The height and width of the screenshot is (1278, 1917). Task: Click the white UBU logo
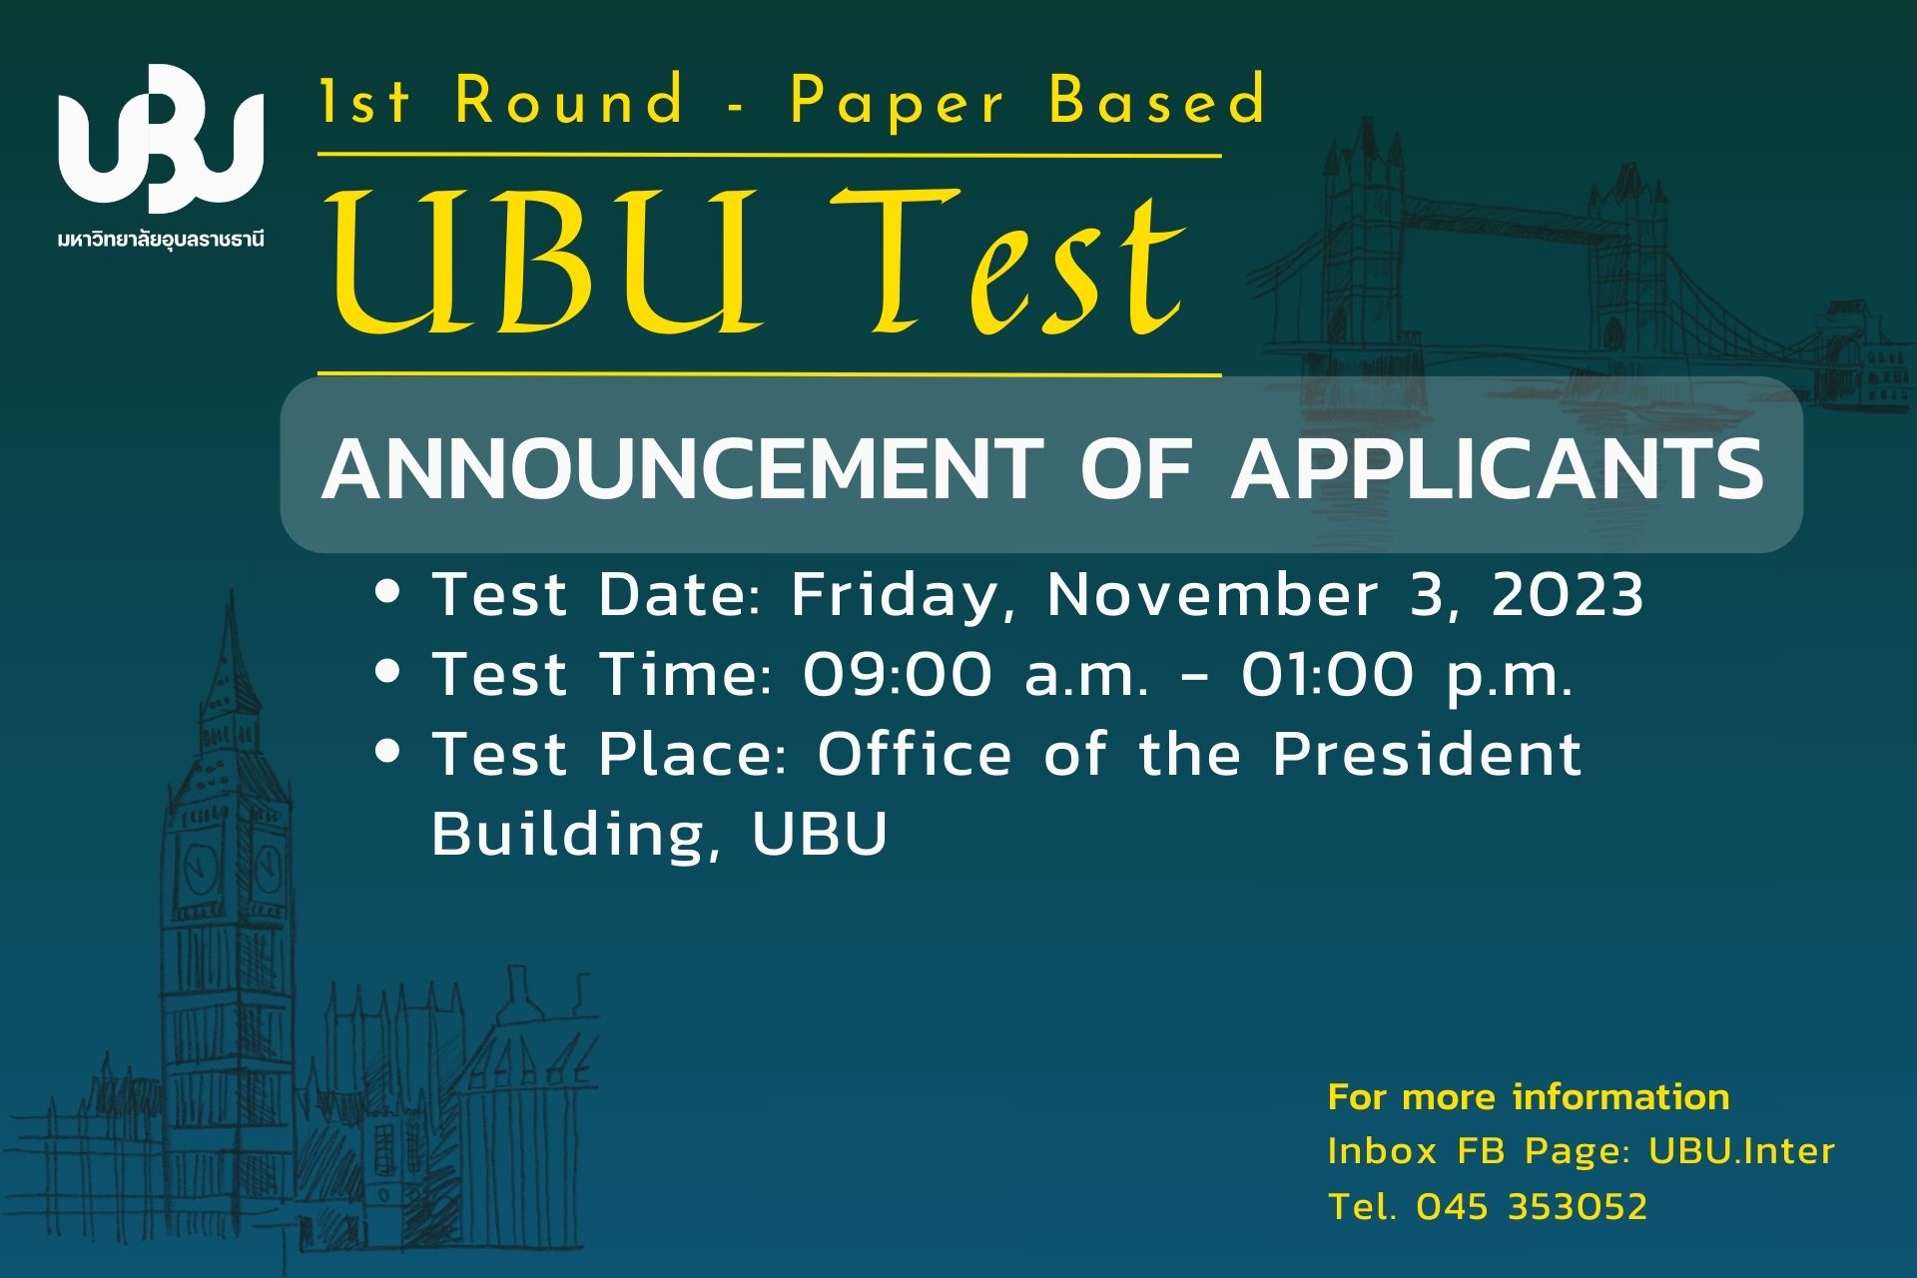point(161,139)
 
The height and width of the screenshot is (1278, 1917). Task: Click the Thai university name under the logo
point(161,240)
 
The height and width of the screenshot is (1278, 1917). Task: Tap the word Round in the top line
point(570,101)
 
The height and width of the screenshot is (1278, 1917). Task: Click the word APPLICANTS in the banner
point(1497,468)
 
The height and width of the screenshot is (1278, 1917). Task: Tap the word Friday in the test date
point(895,597)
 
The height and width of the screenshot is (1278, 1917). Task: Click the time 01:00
point(1328,675)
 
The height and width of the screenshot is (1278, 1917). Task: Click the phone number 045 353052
point(1532,1207)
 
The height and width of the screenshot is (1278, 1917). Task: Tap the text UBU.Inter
point(1742,1151)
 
